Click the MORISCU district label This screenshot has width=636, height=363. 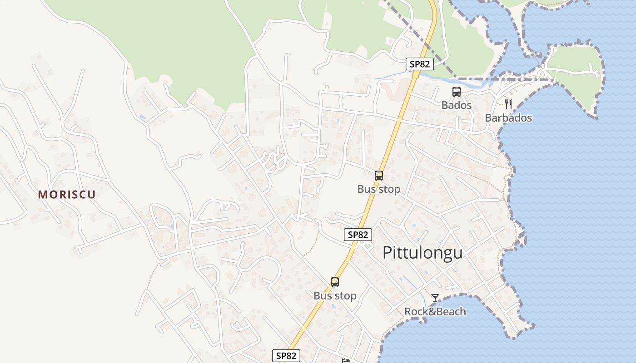click(x=67, y=195)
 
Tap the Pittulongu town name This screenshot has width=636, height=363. click(x=422, y=253)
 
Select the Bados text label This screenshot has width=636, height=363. click(x=457, y=105)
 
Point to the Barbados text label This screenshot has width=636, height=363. click(x=508, y=118)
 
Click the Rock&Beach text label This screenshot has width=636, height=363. click(x=435, y=312)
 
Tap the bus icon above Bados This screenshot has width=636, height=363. click(x=457, y=92)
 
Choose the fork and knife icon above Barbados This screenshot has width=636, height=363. click(x=508, y=104)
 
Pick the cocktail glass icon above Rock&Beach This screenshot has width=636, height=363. click(x=435, y=298)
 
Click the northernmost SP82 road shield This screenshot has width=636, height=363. click(x=419, y=64)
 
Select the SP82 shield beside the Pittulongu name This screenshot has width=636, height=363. click(x=358, y=235)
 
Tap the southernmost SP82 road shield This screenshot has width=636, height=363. click(x=286, y=356)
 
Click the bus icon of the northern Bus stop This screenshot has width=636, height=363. click(x=379, y=176)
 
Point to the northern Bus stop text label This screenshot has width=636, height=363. click(x=379, y=189)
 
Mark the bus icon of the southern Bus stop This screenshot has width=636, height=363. click(x=335, y=282)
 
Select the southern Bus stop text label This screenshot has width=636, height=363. click(x=335, y=296)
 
